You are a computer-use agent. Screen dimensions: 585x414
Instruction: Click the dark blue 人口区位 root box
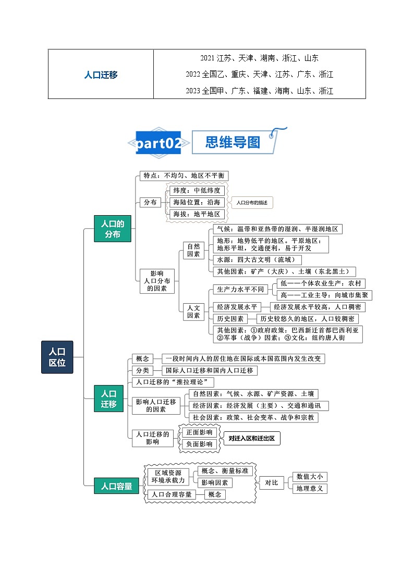pos(57,357)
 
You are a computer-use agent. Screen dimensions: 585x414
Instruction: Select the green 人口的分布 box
pos(112,229)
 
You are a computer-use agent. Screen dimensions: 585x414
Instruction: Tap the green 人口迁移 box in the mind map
pos(108,399)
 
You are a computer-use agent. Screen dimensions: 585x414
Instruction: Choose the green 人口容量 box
pos(113,487)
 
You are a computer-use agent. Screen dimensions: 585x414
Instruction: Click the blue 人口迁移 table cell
pos(101,74)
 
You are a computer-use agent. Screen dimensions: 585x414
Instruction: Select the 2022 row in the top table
pos(259,74)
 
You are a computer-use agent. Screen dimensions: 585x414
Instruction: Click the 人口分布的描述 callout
pos(252,202)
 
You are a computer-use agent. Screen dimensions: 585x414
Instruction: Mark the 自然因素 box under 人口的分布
pos(193,250)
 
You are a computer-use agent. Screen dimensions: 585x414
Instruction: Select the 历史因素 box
pos(229,319)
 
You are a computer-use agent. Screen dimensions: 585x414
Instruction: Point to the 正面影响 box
pos(199,432)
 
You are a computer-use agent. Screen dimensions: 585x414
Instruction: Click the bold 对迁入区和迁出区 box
pos(251,438)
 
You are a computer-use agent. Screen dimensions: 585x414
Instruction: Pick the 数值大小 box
pos(310,476)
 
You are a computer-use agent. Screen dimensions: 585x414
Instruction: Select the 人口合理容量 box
pos(172,494)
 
